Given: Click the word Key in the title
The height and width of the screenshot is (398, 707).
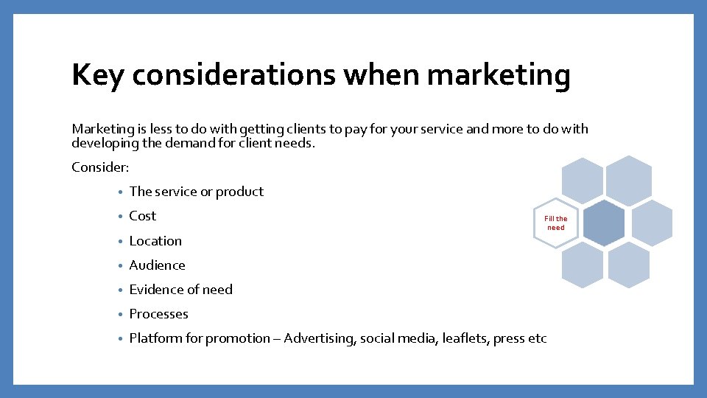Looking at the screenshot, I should click(x=99, y=76).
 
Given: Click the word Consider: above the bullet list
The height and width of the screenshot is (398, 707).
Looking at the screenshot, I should click(x=100, y=167).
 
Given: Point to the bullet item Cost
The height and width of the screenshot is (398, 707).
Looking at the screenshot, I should click(x=142, y=216).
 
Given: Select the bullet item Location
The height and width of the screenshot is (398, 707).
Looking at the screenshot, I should click(x=155, y=241).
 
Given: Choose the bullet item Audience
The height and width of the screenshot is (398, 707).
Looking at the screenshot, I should click(x=157, y=265).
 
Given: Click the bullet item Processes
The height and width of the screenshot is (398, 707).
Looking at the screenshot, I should click(x=158, y=314).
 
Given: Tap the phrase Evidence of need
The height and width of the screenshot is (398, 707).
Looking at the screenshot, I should click(x=180, y=290).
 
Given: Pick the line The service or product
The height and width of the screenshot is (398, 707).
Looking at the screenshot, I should click(x=196, y=192).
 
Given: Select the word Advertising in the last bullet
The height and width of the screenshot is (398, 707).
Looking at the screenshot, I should click(x=320, y=338).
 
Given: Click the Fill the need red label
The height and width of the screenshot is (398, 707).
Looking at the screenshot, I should click(x=556, y=223).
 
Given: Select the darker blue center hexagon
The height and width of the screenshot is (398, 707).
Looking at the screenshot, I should click(x=603, y=223).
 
